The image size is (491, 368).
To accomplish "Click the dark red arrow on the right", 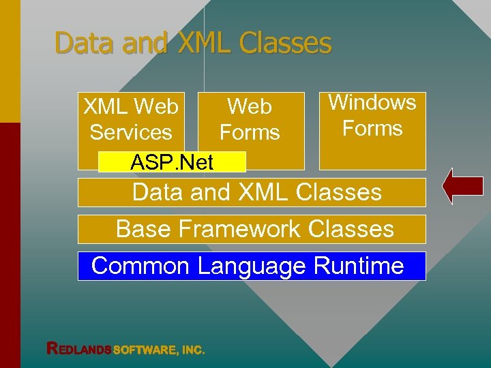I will tap(463, 187).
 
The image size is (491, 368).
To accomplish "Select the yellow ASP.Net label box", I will tap(172, 162).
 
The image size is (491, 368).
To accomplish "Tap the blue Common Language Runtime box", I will tap(252, 266).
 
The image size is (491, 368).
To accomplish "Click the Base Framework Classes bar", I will tap(252, 229).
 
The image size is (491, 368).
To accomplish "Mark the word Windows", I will tap(372, 103).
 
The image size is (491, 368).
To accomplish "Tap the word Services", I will tap(130, 133).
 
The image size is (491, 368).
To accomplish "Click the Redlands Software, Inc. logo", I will tap(125, 349).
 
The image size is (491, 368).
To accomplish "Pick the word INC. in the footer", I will tap(192, 350).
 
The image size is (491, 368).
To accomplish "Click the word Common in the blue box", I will tap(140, 266).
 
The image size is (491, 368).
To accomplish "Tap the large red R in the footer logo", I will tap(52, 348).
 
